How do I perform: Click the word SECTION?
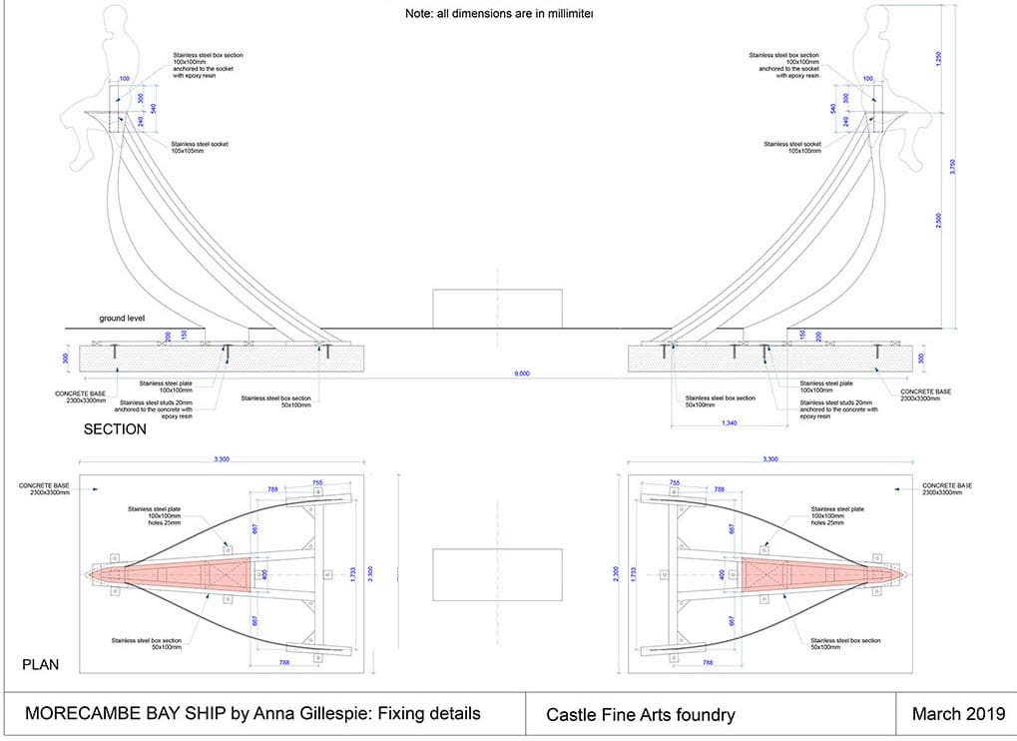pos(115,429)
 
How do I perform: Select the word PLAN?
pos(42,664)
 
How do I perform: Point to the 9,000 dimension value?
pos(521,372)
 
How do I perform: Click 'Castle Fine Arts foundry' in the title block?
pos(640,714)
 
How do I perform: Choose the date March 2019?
pos(957,714)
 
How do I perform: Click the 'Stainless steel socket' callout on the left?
pos(200,148)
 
